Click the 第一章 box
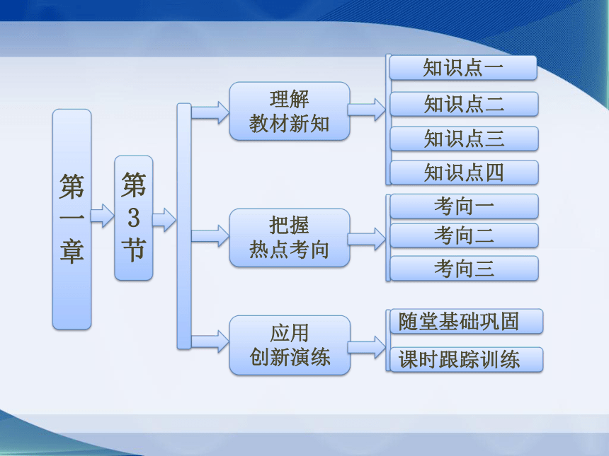(x=72, y=219)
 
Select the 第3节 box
(x=134, y=218)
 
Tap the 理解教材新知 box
(x=290, y=111)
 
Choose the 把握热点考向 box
(x=290, y=238)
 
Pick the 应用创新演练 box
(x=290, y=345)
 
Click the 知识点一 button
(x=463, y=68)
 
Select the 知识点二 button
(x=464, y=104)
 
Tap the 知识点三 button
(x=464, y=139)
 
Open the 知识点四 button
(x=464, y=173)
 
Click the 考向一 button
(x=464, y=206)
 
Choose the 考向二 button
(x=464, y=235)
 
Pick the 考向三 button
(x=464, y=269)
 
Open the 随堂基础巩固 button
(x=466, y=321)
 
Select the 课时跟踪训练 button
(x=466, y=359)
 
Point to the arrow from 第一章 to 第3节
(x=103, y=216)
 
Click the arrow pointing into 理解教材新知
(x=210, y=113)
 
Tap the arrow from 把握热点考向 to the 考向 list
(x=367, y=239)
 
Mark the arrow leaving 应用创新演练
(x=367, y=347)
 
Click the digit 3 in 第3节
(x=134, y=218)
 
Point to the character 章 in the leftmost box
(x=72, y=252)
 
